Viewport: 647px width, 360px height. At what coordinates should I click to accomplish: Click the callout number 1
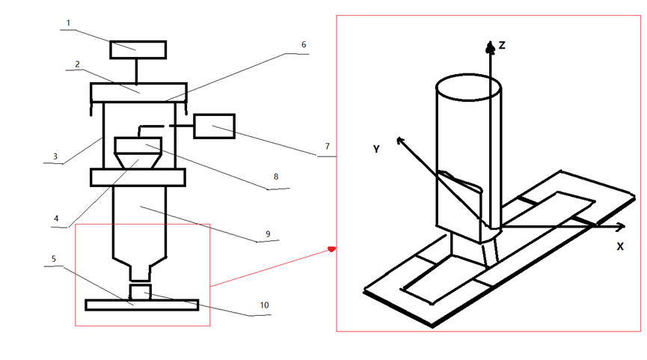pos(69,23)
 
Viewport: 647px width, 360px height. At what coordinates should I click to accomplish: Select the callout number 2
pos(77,64)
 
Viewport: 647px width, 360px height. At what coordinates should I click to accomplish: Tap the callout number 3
pos(55,156)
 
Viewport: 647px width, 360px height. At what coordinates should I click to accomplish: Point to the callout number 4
pos(56,219)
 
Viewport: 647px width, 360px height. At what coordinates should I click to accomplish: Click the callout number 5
pos(54,259)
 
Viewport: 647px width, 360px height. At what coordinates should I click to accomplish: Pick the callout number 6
pos(304,45)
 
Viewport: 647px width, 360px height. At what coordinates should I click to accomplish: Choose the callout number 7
pos(327,146)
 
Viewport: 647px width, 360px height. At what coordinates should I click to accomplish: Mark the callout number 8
pos(276,177)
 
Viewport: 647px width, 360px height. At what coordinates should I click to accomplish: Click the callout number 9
pos(268,234)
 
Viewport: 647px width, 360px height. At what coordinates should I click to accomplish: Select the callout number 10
pos(264,305)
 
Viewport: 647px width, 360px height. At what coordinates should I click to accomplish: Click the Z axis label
pos(502,45)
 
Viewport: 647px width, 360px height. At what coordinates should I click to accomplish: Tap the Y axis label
pos(376,149)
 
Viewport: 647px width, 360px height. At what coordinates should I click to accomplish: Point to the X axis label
pos(620,246)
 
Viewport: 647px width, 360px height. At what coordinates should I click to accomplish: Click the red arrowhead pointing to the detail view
pos(332,248)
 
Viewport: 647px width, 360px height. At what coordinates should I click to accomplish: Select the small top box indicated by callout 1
pos(138,49)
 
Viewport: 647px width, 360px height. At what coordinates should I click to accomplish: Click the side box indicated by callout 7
pos(215,126)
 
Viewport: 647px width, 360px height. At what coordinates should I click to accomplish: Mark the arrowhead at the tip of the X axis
pos(621,226)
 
